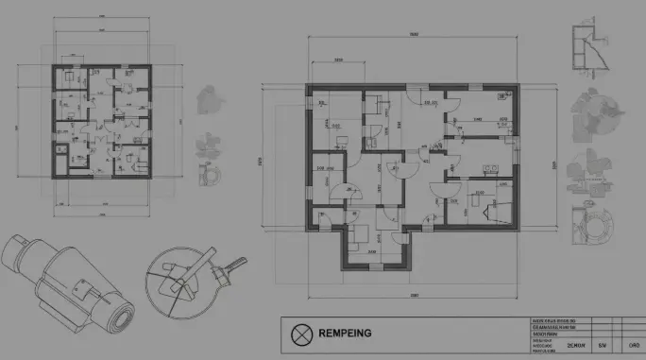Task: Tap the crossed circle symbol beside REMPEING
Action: (x=301, y=334)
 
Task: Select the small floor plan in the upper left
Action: (x=100, y=121)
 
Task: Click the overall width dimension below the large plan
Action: (x=413, y=296)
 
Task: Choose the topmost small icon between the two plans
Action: (x=208, y=98)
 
